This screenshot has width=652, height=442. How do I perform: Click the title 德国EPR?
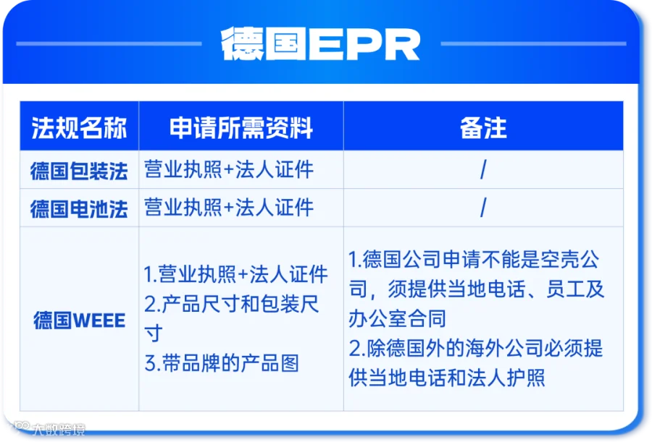click(320, 44)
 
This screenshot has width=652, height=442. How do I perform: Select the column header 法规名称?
click(79, 127)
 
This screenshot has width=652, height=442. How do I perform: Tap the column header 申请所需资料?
click(241, 127)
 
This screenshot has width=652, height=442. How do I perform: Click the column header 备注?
click(483, 127)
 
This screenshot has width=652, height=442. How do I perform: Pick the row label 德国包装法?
click(79, 171)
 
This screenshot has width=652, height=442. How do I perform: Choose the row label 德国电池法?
click(79, 208)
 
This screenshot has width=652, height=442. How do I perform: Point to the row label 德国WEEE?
click(79, 320)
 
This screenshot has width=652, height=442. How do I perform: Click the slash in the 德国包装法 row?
click(483, 170)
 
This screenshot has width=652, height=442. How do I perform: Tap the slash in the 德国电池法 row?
click(483, 208)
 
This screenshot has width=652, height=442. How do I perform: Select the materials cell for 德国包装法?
click(229, 169)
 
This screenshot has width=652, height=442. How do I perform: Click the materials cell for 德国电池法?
click(229, 208)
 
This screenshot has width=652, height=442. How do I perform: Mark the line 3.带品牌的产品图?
click(222, 363)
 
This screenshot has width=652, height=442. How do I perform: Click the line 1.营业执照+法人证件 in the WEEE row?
click(235, 274)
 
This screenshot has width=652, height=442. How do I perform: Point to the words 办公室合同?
click(397, 319)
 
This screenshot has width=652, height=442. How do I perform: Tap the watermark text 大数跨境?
click(58, 429)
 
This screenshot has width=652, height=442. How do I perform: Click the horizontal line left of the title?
click(109, 43)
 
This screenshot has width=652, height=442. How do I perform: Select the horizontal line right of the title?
click(533, 43)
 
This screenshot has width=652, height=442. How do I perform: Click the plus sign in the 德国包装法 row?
click(229, 170)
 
